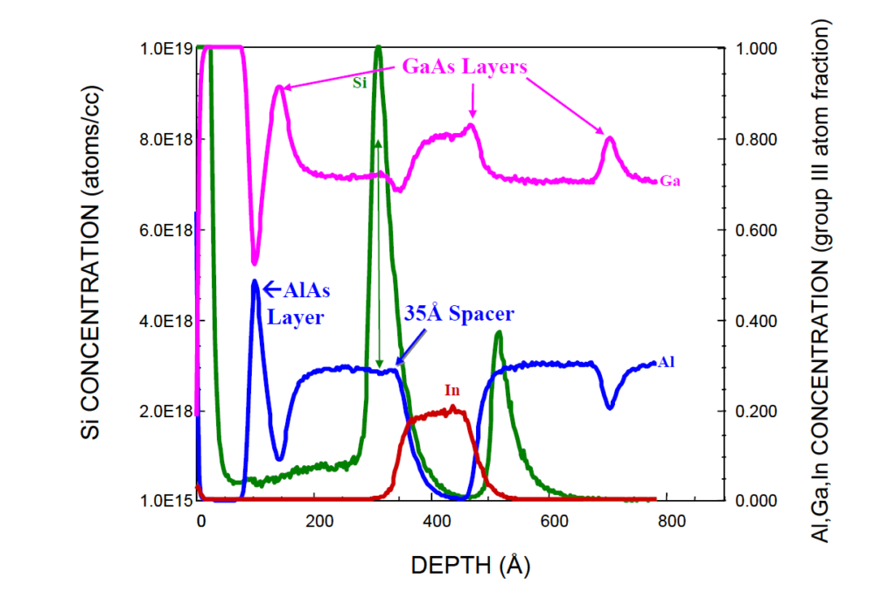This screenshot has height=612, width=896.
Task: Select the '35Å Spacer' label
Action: (x=458, y=314)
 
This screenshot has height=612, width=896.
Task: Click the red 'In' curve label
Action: (x=451, y=391)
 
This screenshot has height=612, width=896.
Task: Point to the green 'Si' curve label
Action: (x=360, y=83)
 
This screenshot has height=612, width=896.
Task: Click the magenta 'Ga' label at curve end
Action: (x=670, y=182)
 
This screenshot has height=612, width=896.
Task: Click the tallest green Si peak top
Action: (x=378, y=47)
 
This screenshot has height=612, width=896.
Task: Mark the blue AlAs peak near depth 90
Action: (x=255, y=282)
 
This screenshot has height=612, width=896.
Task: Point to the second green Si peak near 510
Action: (x=498, y=332)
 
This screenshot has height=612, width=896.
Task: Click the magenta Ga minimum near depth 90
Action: (x=254, y=263)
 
